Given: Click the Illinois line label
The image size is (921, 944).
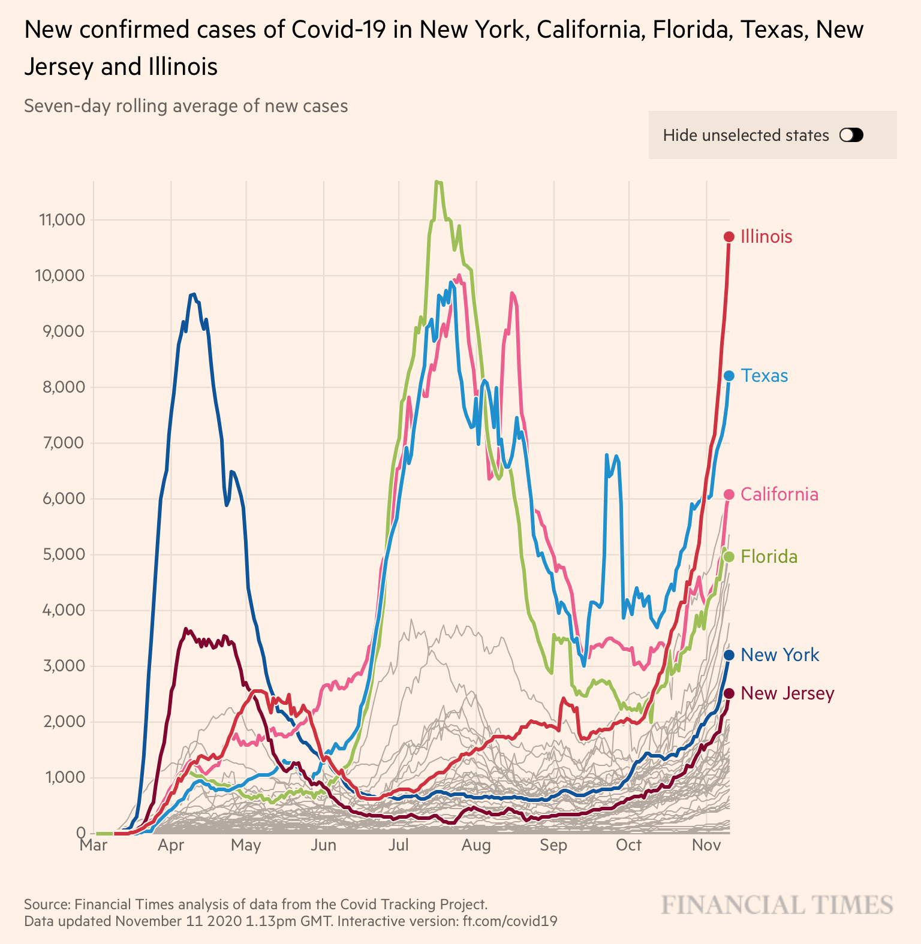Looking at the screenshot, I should [766, 237].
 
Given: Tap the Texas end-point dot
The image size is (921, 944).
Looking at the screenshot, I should [729, 376].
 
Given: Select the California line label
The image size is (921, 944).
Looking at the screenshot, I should [779, 494].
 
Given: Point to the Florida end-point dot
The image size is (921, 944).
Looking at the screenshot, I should [729, 557].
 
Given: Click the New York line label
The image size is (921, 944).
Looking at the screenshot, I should [779, 655].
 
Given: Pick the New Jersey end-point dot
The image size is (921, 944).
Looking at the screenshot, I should [729, 693].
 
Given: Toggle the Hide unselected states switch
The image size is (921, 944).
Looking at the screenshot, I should [851, 135].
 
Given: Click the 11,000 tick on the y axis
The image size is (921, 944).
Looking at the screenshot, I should [62, 220].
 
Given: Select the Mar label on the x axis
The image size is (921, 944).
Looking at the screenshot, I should [94, 845].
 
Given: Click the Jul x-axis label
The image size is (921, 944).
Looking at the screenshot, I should [399, 845].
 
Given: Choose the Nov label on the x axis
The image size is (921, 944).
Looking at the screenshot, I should [706, 845].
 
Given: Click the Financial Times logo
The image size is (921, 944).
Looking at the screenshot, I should [777, 905].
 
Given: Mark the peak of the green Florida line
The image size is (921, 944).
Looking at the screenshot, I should [438, 182].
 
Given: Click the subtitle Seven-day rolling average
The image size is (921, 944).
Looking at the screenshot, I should [186, 106].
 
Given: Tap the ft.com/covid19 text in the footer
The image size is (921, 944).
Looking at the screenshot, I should [510, 921].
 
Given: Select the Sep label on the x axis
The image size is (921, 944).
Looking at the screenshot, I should [553, 845].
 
